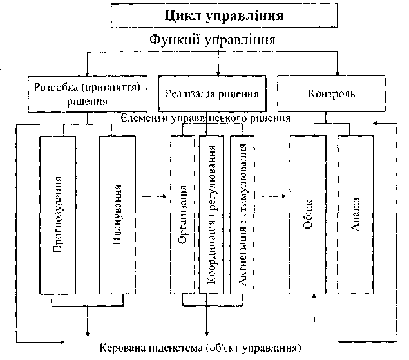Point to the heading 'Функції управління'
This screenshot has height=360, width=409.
click(213, 40)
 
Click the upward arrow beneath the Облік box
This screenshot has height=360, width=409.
click(314, 309)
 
